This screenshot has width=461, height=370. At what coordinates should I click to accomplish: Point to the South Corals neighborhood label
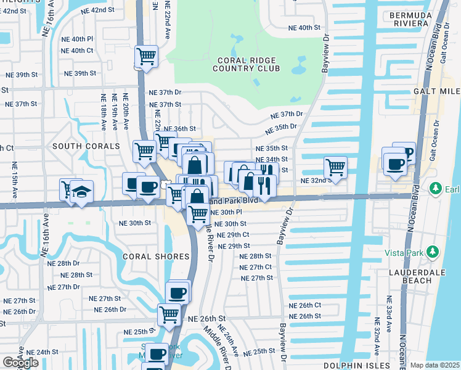(86, 146)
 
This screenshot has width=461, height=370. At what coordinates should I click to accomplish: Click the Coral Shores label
(155, 256)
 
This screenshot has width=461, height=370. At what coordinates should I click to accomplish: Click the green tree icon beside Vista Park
(433, 252)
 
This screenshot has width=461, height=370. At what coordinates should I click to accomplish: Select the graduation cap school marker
(81, 191)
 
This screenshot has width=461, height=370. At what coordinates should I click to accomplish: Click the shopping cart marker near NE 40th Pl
(147, 57)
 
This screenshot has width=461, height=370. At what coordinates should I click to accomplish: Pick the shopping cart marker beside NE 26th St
(169, 314)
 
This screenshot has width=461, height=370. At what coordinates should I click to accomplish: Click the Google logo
(20, 363)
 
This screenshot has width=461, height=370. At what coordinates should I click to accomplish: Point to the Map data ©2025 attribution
(435, 365)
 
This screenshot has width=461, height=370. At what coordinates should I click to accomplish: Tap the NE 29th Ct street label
(234, 235)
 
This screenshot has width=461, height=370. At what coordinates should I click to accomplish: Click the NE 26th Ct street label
(306, 305)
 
